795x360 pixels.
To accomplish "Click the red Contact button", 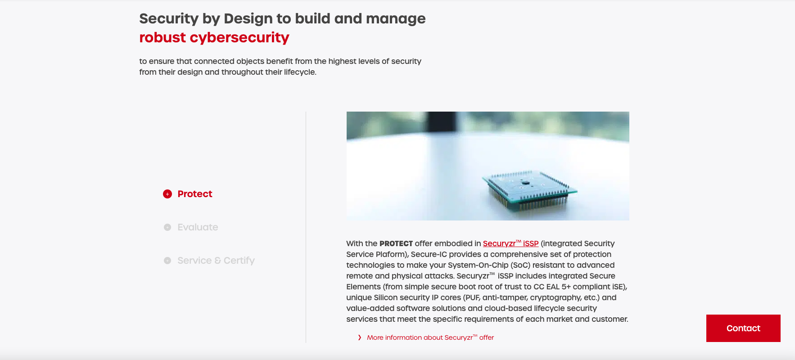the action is click(x=743, y=328).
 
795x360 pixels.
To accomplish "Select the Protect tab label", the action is click(x=194, y=194).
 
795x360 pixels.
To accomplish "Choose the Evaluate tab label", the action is click(x=198, y=227).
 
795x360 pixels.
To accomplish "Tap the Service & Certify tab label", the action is click(x=216, y=261).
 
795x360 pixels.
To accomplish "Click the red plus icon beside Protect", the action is click(x=167, y=194).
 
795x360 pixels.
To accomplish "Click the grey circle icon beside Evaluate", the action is click(x=167, y=227).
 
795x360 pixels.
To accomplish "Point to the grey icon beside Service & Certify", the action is click(x=167, y=261).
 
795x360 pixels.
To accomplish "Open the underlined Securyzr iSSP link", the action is click(x=510, y=243).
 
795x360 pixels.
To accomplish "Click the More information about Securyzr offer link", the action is click(x=430, y=337).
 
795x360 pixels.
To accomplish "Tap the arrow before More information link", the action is click(x=359, y=337).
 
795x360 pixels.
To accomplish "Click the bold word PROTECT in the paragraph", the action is click(x=396, y=243).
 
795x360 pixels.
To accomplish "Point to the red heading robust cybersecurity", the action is click(x=214, y=37).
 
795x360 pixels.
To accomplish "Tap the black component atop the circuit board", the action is click(x=525, y=183).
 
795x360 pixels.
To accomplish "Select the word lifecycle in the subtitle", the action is click(x=300, y=72).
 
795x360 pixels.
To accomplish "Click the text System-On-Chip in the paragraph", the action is click(x=478, y=265).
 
